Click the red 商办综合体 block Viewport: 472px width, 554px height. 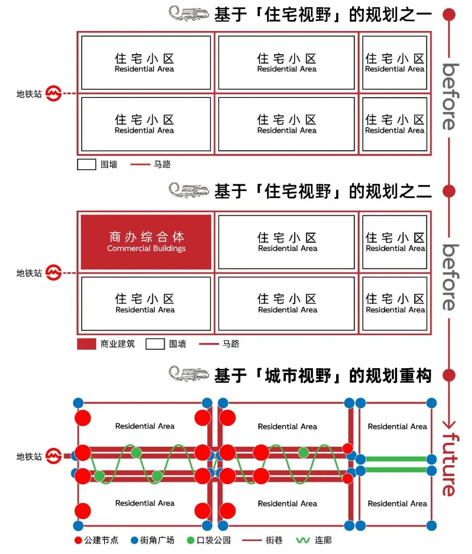(146, 242)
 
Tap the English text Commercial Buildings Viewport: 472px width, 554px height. (146, 248)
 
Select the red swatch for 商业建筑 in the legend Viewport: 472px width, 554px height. (86, 344)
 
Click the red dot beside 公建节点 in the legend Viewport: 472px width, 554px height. (78, 540)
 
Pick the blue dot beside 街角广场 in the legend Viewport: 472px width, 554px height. (135, 540)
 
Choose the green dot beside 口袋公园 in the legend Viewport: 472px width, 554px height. (191, 540)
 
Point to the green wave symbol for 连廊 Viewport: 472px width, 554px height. (303, 540)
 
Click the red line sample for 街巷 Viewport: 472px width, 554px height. (251, 540)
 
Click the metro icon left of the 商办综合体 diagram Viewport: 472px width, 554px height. (53, 273)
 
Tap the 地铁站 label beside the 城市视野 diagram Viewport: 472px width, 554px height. (29, 456)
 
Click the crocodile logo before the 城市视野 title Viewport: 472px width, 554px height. (189, 375)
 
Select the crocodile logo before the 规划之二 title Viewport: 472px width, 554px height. (189, 191)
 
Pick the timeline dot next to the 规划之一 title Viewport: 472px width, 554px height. (449, 15)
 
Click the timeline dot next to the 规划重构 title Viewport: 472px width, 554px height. (449, 375)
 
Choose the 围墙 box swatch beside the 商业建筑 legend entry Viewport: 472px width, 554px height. (155, 344)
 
